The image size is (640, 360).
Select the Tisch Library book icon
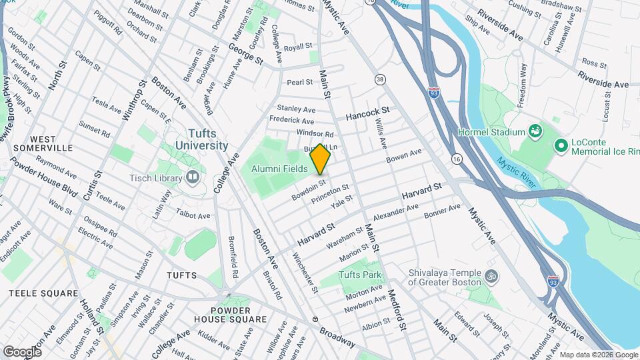click(x=193, y=177)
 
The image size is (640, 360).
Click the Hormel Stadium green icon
click(x=535, y=131)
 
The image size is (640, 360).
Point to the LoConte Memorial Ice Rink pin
click(x=561, y=145)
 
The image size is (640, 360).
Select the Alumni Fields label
click(x=279, y=169)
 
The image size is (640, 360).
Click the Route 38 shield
click(x=380, y=79)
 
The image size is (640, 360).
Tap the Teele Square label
click(x=43, y=293)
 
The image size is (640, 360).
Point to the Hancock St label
click(x=367, y=114)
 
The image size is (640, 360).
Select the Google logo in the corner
click(x=22, y=351)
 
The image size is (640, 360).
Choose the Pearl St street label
click(x=299, y=82)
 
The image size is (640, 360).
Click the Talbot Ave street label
click(x=193, y=216)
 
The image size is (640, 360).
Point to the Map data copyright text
click(x=597, y=355)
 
